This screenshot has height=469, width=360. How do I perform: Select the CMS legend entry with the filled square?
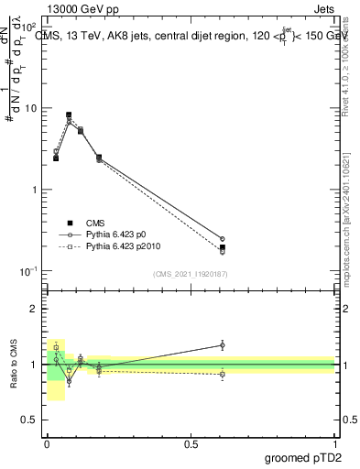pyautogui.click(x=95, y=223)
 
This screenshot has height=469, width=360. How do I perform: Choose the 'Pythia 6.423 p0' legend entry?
pyautogui.click(x=116, y=234)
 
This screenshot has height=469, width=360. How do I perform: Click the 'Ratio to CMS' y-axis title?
pyautogui.click(x=13, y=365)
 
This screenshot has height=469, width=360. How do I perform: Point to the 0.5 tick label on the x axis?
pyautogui.click(x=191, y=443)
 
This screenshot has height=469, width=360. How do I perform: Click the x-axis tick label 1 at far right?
pyautogui.click(x=334, y=443)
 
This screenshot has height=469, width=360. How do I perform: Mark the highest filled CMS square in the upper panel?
pyautogui.click(x=69, y=115)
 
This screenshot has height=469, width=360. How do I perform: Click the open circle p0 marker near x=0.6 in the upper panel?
pyautogui.click(x=223, y=239)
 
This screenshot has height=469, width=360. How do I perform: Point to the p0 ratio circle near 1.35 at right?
pyautogui.click(x=223, y=344)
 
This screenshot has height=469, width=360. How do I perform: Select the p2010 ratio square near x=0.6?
pyautogui.click(x=223, y=374)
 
